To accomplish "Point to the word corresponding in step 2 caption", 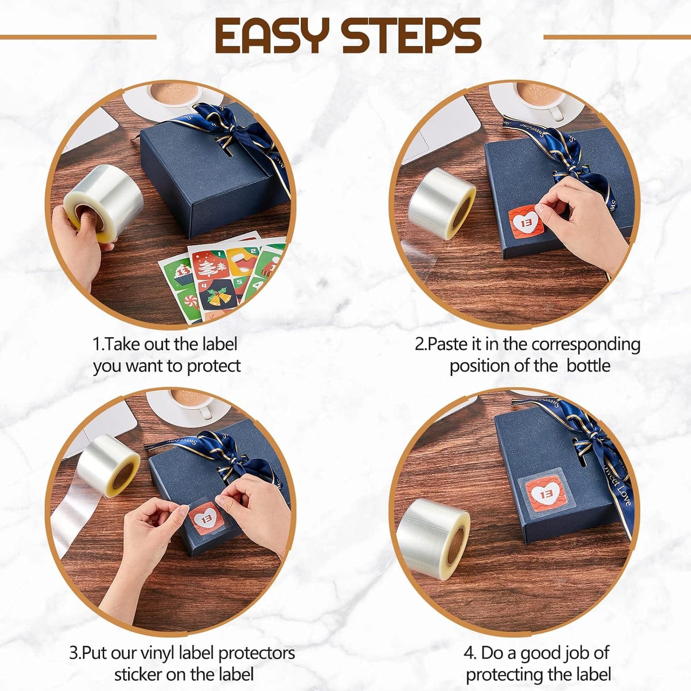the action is (x=586, y=345).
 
